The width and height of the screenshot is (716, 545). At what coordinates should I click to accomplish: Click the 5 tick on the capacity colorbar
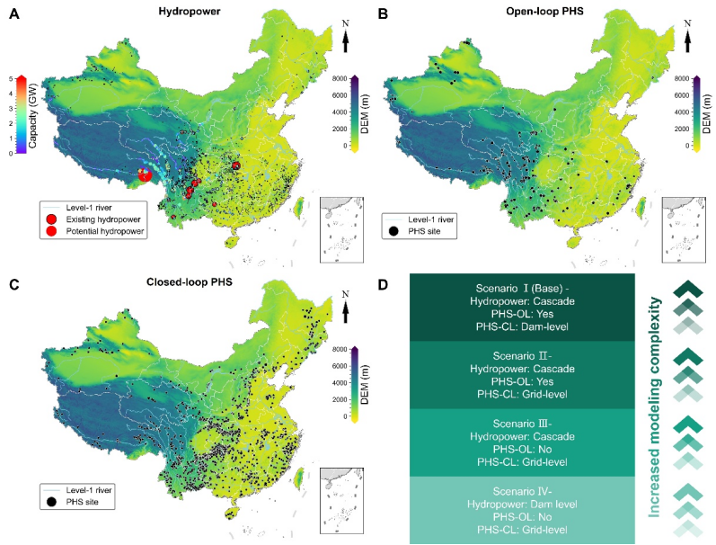pyautogui.click(x=9, y=79)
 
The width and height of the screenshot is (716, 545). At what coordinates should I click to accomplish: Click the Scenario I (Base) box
pyautogui.click(x=522, y=308)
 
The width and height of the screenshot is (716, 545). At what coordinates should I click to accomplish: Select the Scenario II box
pyautogui.click(x=522, y=375)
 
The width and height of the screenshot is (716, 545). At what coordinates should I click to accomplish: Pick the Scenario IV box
pyautogui.click(x=522, y=510)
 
